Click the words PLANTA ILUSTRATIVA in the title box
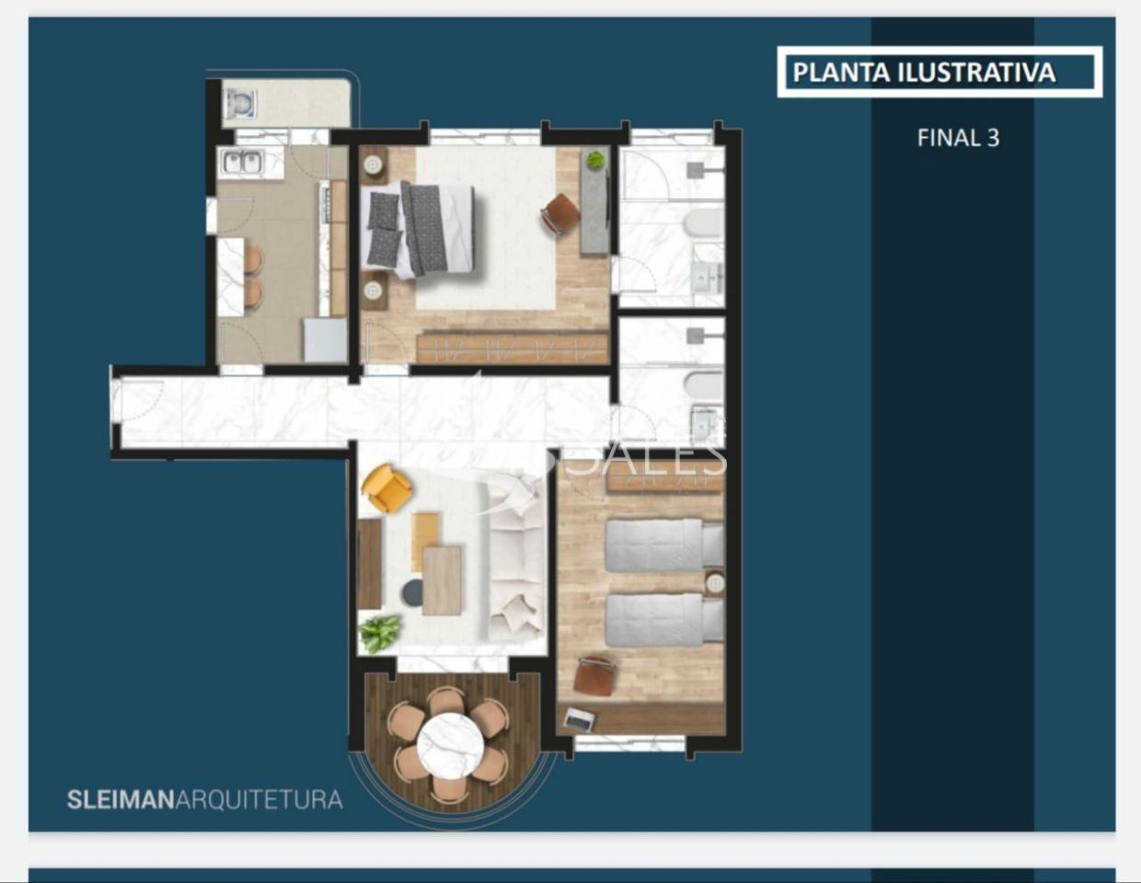[x=924, y=73]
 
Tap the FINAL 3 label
[x=958, y=138]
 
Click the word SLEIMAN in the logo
[x=121, y=799]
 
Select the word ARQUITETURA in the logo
[x=259, y=799]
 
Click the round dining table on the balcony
[x=450, y=745]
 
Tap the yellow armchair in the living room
[x=387, y=487]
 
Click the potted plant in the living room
[x=380, y=633]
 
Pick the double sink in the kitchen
[x=242, y=163]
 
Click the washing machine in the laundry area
[x=240, y=103]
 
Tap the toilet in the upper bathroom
[x=705, y=223]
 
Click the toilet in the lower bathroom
[x=705, y=385]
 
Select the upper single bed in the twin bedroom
[x=663, y=545]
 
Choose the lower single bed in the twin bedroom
[x=663, y=620]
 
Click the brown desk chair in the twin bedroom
[x=595, y=677]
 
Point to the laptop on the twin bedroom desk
[x=579, y=719]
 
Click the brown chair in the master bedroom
[x=560, y=214]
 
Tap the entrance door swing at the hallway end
[x=135, y=402]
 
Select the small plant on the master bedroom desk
[x=595, y=160]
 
